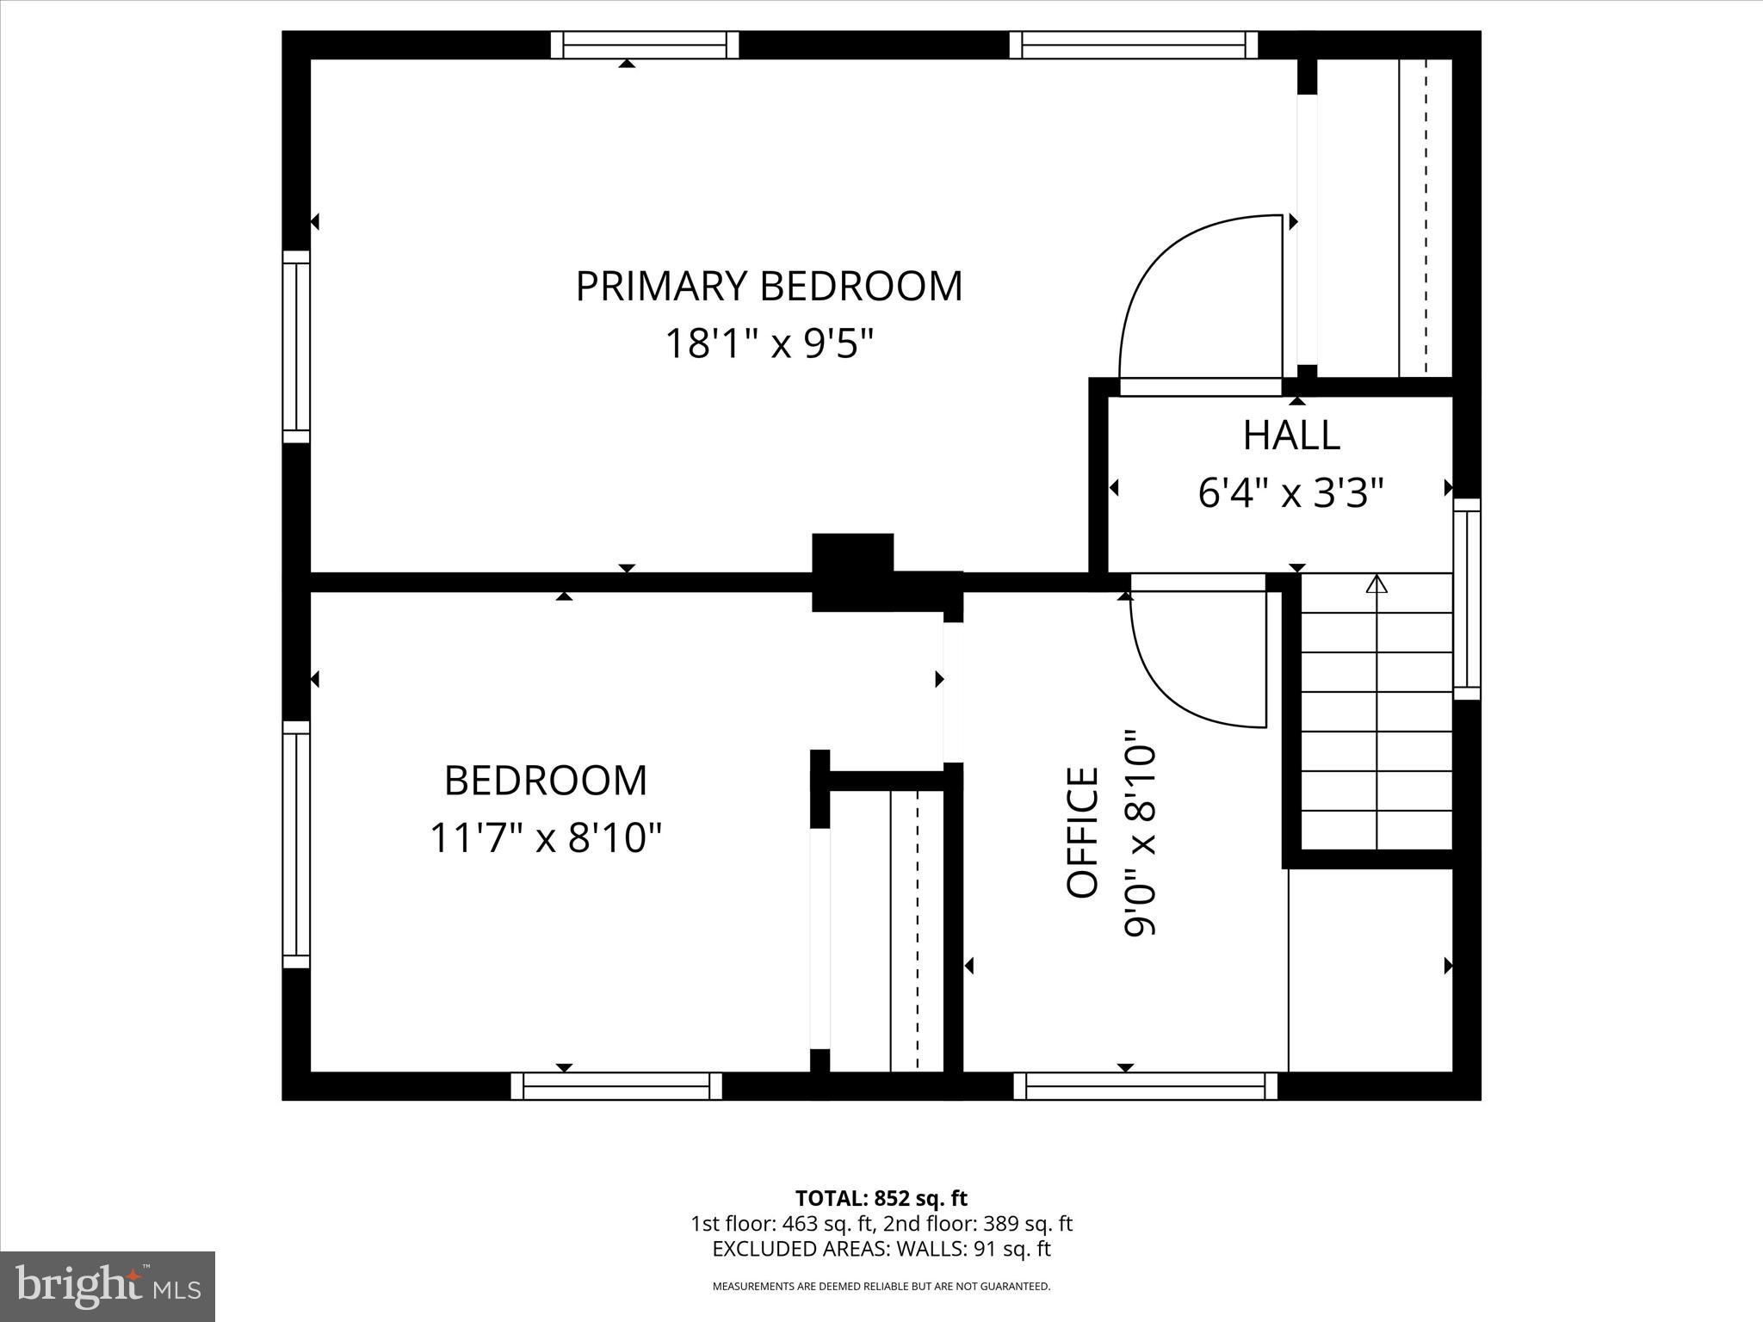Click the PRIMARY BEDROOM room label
tap(769, 287)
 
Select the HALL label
tap(1291, 436)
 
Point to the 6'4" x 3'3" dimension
tap(1290, 494)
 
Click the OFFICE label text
tap(1083, 832)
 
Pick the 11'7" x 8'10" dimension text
tap(546, 837)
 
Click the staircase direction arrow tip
tap(1377, 584)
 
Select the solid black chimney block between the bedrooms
tap(853, 571)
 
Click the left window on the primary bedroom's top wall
tap(645, 45)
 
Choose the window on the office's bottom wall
tap(1145, 1086)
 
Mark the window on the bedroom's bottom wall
tap(616, 1086)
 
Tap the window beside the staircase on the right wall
tap(1467, 599)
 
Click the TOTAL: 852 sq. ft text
tap(881, 1198)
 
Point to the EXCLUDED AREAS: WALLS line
tap(881, 1249)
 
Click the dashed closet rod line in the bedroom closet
tap(918, 930)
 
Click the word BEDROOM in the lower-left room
tap(546, 781)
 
